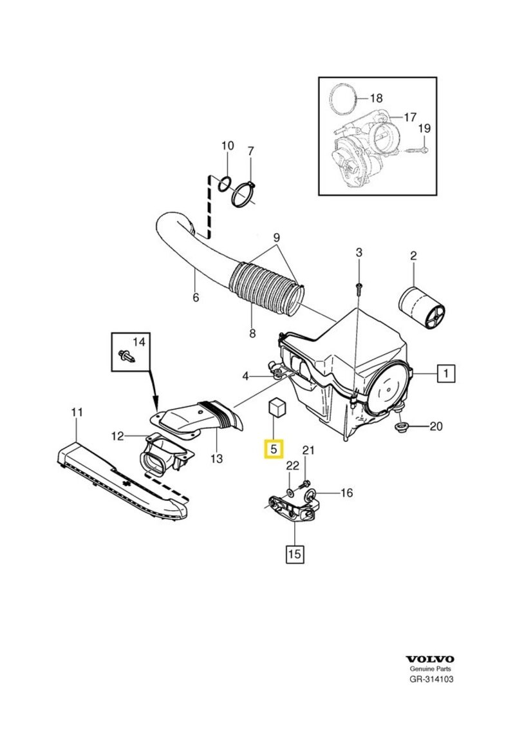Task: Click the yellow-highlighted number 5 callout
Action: click(x=274, y=448)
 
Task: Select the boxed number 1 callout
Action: click(x=445, y=373)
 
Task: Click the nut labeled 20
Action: click(x=400, y=426)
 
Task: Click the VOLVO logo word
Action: click(x=430, y=659)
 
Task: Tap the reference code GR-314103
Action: click(x=431, y=679)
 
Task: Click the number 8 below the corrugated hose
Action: click(x=252, y=334)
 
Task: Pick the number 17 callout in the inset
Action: click(x=410, y=117)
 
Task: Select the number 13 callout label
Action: click(x=216, y=459)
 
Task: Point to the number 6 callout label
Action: click(x=196, y=298)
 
